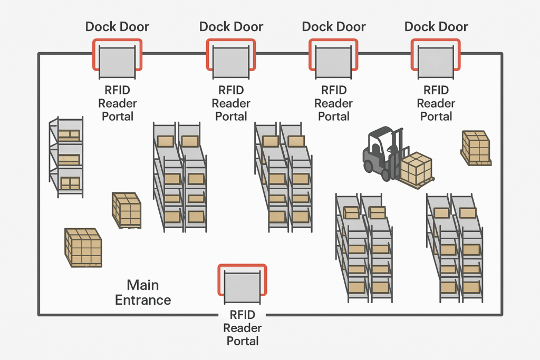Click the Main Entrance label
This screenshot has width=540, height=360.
[143, 293]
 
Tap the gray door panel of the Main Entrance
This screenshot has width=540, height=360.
[242, 287]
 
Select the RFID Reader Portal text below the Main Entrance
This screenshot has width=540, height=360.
[243, 328]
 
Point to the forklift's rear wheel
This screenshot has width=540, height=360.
[368, 166]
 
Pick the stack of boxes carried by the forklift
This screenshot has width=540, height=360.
[416, 167]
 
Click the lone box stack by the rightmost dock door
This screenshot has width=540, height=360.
[476, 147]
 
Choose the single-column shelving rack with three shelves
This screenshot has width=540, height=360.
[66, 157]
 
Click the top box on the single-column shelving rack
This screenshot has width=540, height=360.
[69, 135]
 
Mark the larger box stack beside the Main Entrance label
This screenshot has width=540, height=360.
[83, 247]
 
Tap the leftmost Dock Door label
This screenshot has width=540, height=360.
[117, 26]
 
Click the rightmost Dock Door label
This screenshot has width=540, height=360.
[436, 26]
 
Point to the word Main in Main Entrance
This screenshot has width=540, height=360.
[143, 285]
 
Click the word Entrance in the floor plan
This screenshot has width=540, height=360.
[143, 300]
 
